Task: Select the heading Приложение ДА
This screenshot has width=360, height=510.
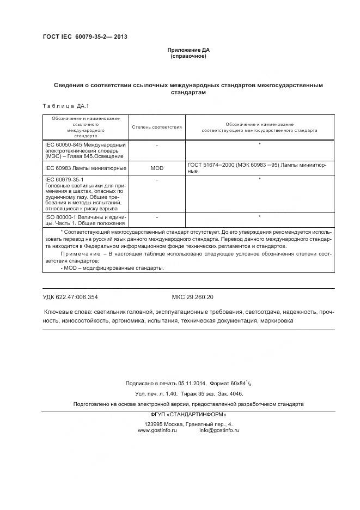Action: click(x=188, y=50)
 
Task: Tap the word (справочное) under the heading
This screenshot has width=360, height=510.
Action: click(x=188, y=56)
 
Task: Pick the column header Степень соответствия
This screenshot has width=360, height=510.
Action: click(x=157, y=127)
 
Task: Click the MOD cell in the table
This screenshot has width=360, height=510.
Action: click(x=157, y=168)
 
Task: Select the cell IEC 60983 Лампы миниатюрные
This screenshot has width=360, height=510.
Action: click(x=86, y=168)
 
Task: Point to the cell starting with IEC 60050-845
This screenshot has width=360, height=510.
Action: click(x=86, y=150)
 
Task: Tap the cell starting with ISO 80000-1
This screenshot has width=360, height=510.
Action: click(x=86, y=220)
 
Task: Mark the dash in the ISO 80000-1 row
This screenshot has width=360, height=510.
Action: click(x=157, y=217)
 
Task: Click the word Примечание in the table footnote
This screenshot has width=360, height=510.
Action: click(x=80, y=254)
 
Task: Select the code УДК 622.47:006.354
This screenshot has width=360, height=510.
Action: click(x=70, y=297)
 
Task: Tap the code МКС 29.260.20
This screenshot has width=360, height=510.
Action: click(x=192, y=297)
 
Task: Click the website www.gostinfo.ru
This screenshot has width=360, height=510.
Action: click(x=157, y=430)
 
